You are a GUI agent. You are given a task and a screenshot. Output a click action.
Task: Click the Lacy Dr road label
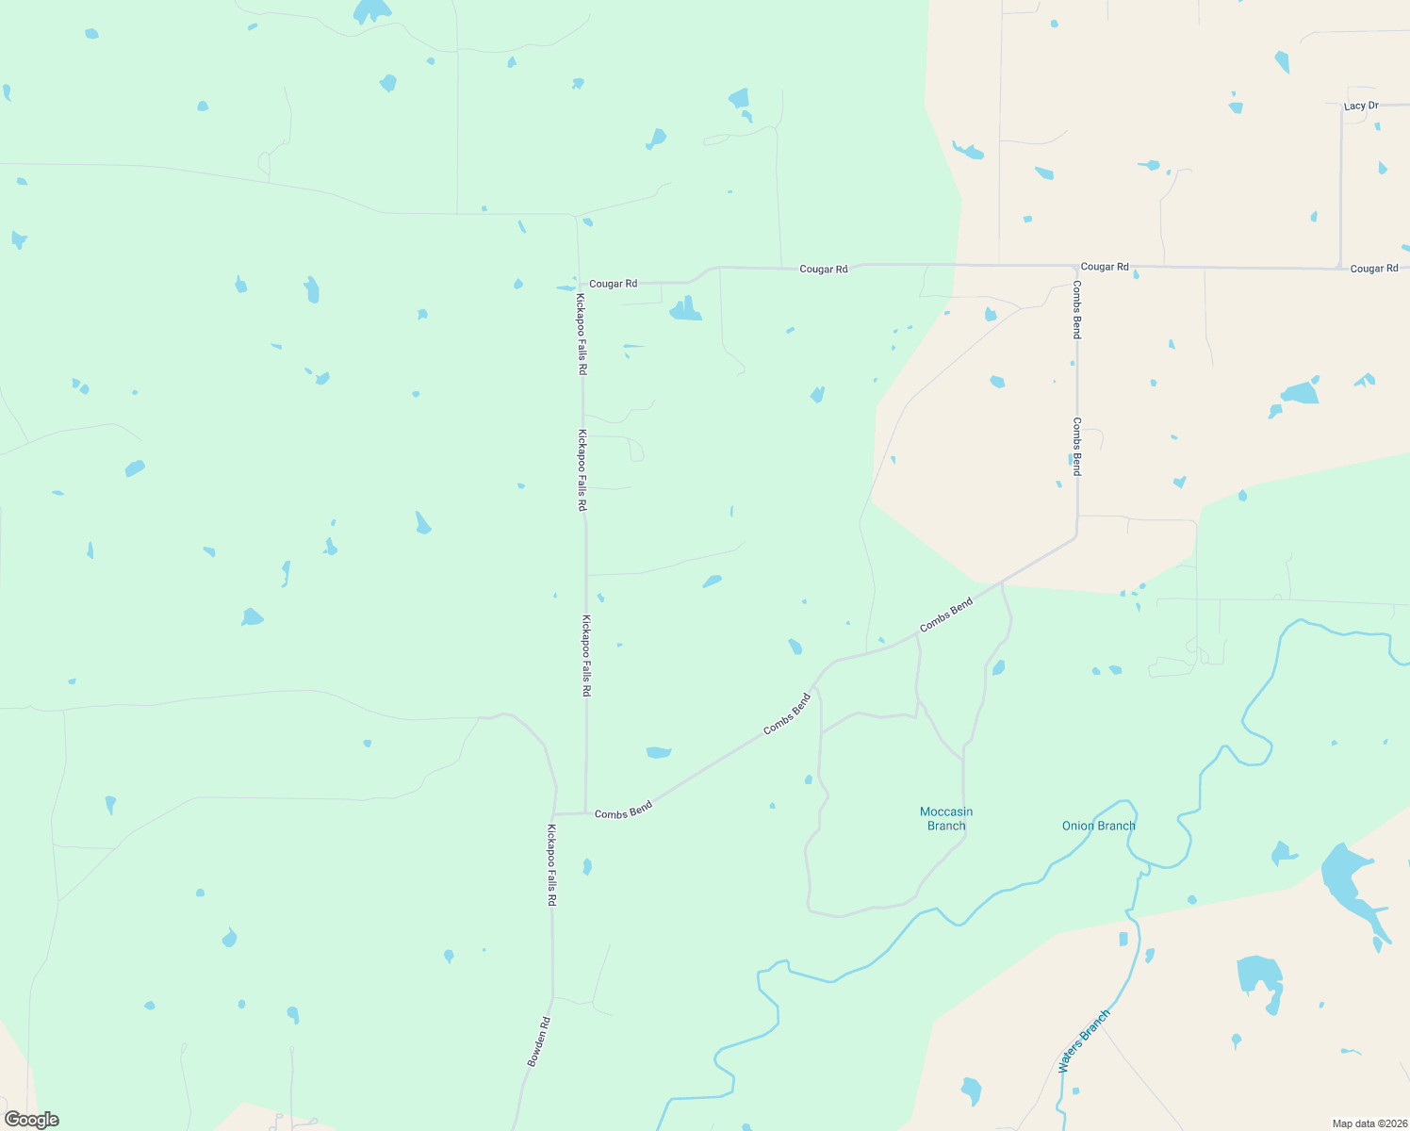coord(1360,106)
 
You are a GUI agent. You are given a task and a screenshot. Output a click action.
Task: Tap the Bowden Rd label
coord(538,1041)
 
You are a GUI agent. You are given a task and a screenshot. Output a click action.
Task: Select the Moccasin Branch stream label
coord(946,818)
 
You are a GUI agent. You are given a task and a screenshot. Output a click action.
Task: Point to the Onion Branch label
coord(1098,826)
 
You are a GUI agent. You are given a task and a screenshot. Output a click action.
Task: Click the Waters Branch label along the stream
coord(1084,1041)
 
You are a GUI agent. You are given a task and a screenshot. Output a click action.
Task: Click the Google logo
coord(32,1120)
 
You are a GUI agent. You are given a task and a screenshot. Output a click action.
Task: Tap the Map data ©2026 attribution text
coord(1369,1123)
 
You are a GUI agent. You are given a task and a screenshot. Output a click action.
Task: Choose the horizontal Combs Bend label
coord(623,811)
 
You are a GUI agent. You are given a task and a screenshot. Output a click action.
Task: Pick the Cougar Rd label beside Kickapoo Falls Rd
coord(613,284)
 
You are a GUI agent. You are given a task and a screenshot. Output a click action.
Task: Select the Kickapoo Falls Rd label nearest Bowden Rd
coord(551,865)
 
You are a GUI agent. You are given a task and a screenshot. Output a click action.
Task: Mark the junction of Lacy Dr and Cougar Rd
coord(1341,268)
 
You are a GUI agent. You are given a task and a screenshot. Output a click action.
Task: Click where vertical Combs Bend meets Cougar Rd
coord(1075,267)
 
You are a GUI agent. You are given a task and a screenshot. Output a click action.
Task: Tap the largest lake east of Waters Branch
coord(1350,882)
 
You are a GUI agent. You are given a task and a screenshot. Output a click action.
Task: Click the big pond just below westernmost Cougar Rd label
coord(685,310)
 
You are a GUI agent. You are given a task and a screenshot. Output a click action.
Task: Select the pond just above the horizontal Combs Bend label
coord(658,752)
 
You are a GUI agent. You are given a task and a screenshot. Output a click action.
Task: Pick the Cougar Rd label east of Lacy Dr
coord(1373,269)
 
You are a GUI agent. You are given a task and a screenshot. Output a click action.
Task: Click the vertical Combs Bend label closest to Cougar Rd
coord(1076,310)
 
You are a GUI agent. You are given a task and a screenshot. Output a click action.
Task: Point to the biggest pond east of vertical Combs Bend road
coord(1301,392)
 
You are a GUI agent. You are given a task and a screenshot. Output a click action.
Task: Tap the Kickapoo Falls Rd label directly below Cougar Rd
coord(582,335)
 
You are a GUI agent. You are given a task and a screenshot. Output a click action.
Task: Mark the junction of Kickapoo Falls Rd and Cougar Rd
coord(580,284)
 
